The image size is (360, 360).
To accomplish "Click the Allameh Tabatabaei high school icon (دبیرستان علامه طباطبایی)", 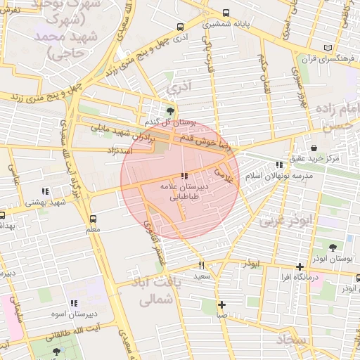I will [184, 176].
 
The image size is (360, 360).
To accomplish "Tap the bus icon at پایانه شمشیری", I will [226, 13].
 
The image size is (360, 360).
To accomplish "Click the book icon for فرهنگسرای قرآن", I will [328, 48].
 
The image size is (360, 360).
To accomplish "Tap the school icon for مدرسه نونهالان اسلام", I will [279, 165].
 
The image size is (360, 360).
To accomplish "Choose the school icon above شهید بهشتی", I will [46, 191].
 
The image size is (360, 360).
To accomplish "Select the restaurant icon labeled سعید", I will [202, 265].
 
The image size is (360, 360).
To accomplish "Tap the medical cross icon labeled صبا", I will [221, 304].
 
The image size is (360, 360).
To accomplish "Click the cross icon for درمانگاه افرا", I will [300, 266].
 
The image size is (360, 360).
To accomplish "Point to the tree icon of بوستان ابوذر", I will [332, 247].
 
